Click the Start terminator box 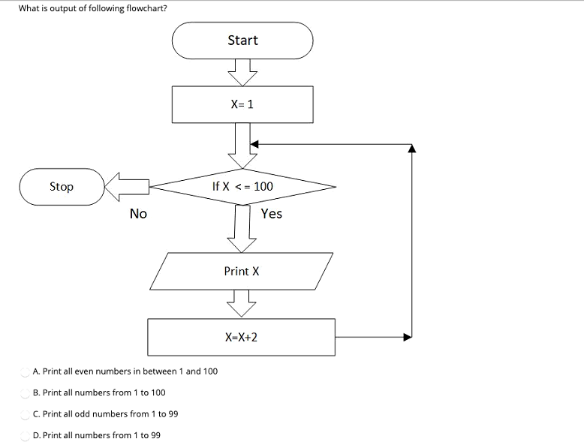point(242,41)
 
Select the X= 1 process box point(242,104)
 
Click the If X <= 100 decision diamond point(242,186)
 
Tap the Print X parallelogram point(242,271)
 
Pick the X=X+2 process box point(241,337)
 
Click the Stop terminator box point(62,186)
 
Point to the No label point(138,214)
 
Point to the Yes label point(272,214)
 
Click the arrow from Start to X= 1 point(242,72)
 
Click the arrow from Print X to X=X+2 point(242,304)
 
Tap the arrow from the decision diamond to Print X point(242,229)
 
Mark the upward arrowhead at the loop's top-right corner point(411,149)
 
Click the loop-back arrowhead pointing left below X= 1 point(254,144)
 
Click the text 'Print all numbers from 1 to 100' point(104,392)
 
